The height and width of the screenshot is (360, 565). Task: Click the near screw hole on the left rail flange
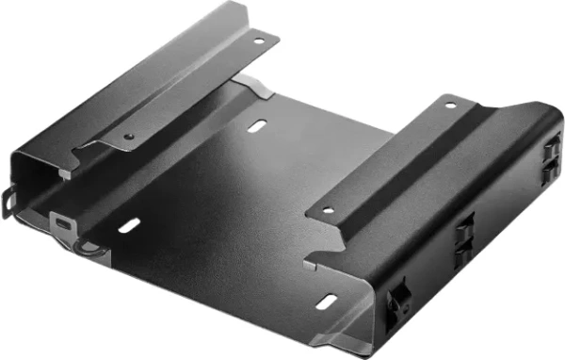coord(129,136)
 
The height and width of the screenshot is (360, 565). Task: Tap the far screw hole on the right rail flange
coord(450,105)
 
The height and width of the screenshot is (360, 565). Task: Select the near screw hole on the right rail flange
coord(329,210)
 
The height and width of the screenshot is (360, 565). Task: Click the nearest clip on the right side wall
coord(398,303)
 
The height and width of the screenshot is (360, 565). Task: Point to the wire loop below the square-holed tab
coord(89,248)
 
